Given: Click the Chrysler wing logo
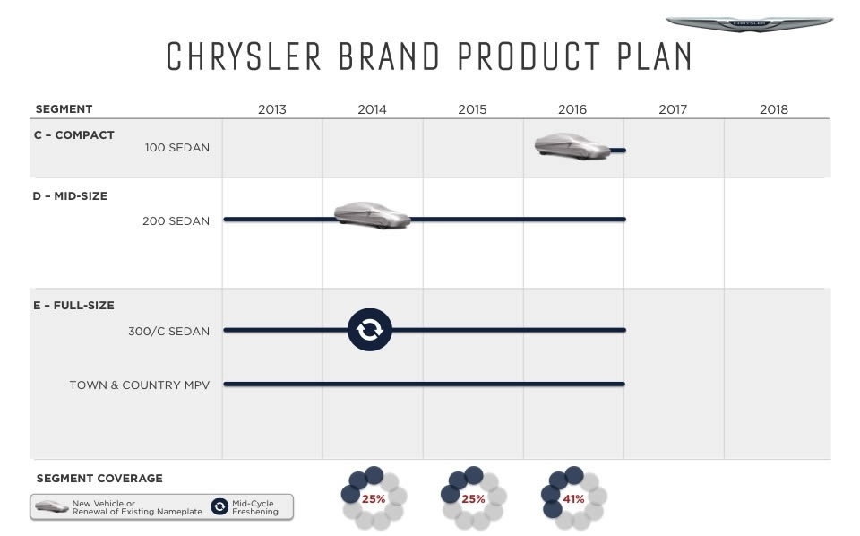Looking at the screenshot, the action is [x=749, y=23].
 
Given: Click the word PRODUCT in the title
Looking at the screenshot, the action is [x=529, y=56].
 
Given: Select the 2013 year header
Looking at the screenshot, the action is [x=272, y=109].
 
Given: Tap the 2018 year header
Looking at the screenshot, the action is [x=773, y=109].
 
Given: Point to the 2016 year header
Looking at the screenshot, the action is [x=572, y=109].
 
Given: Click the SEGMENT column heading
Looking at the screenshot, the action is [x=64, y=108].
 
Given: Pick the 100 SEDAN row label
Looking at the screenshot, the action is [x=177, y=148].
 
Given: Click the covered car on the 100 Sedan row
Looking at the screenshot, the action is [x=572, y=146].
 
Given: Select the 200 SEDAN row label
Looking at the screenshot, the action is [x=176, y=221].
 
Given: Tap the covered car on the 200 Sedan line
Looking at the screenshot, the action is [x=373, y=215].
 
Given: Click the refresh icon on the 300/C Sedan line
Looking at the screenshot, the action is [x=370, y=330].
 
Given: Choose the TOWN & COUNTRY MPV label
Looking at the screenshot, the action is [x=140, y=385].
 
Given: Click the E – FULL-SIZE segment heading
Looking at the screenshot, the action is [x=73, y=305].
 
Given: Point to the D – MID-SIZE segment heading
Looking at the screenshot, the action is [x=70, y=196].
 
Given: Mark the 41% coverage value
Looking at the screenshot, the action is [x=573, y=499].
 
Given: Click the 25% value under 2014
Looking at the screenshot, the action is [x=373, y=499].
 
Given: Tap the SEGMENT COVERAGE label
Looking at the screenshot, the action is [x=99, y=479].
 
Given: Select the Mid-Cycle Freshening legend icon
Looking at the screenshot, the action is [x=219, y=506].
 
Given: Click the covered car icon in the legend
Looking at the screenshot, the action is [x=52, y=506].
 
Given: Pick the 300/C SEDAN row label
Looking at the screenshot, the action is [x=169, y=332].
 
